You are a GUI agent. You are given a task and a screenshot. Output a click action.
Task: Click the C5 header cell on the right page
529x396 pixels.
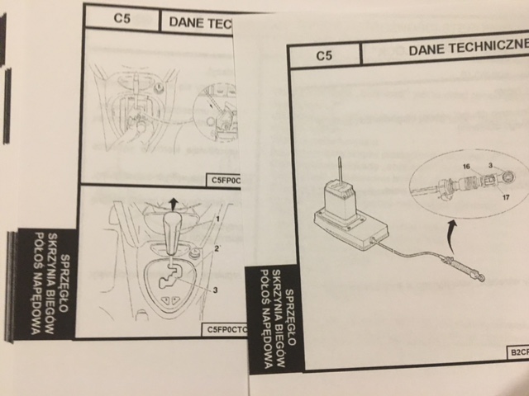(325, 55)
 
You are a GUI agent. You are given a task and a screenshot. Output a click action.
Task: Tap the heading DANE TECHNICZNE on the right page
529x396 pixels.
(468, 50)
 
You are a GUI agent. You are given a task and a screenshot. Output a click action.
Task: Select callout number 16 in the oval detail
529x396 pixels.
(466, 167)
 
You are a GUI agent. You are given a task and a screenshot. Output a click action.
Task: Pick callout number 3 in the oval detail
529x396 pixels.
(491, 164)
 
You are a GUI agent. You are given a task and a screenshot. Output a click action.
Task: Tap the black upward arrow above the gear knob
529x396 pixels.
(173, 204)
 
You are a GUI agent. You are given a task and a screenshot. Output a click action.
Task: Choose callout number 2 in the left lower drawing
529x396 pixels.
(217, 248)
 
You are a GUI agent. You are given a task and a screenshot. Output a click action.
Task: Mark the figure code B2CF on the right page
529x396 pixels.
(517, 352)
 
